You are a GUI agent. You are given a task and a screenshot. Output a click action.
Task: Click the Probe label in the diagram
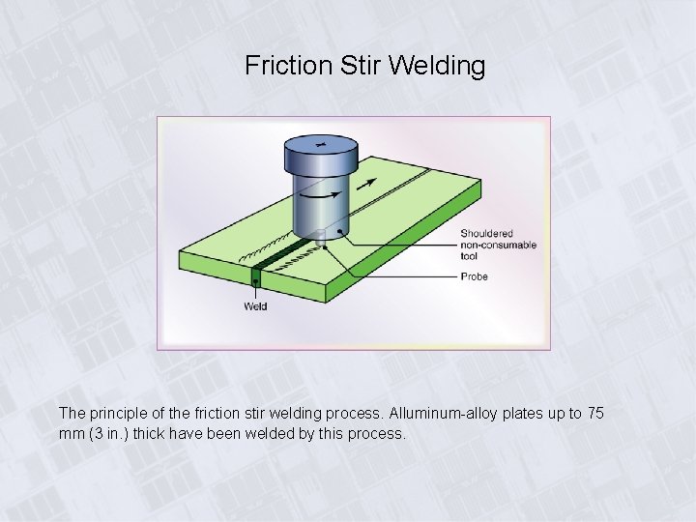(x=474, y=276)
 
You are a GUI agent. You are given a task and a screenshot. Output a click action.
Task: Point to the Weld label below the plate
(x=255, y=306)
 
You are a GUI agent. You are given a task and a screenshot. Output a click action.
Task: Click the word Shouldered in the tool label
(x=486, y=233)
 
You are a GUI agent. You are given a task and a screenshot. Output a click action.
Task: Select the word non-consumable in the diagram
(x=499, y=245)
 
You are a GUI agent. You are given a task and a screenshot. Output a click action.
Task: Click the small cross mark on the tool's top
(x=321, y=145)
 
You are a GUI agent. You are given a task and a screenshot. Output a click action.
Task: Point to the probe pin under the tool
(x=325, y=246)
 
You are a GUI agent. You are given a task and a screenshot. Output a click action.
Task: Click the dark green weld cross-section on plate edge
(x=255, y=280)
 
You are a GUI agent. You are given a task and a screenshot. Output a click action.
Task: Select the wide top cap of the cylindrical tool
(x=321, y=152)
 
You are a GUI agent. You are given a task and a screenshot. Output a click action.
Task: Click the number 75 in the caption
(x=595, y=414)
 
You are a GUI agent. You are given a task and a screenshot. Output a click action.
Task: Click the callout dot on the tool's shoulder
(x=339, y=230)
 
